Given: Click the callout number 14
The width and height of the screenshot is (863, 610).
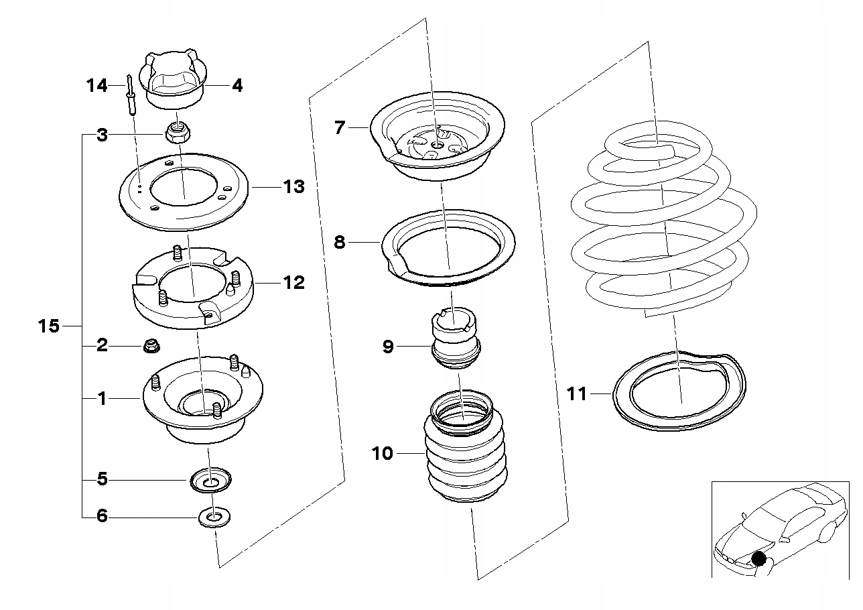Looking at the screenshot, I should click(96, 86).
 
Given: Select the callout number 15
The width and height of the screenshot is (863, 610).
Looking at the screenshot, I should click(49, 326).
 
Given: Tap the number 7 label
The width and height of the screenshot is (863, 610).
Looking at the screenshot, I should click(340, 127).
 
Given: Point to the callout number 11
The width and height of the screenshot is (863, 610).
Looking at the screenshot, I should click(576, 393).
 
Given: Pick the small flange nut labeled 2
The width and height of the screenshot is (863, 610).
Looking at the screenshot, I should click(151, 346).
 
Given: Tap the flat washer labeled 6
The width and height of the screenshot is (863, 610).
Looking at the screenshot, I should click(214, 517).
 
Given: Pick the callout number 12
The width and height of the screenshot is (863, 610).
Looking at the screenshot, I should click(293, 283).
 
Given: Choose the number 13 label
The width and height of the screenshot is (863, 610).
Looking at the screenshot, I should click(293, 187).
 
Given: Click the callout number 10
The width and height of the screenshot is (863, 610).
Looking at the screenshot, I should click(383, 454).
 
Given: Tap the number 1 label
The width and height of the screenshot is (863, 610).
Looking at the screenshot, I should click(102, 399).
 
